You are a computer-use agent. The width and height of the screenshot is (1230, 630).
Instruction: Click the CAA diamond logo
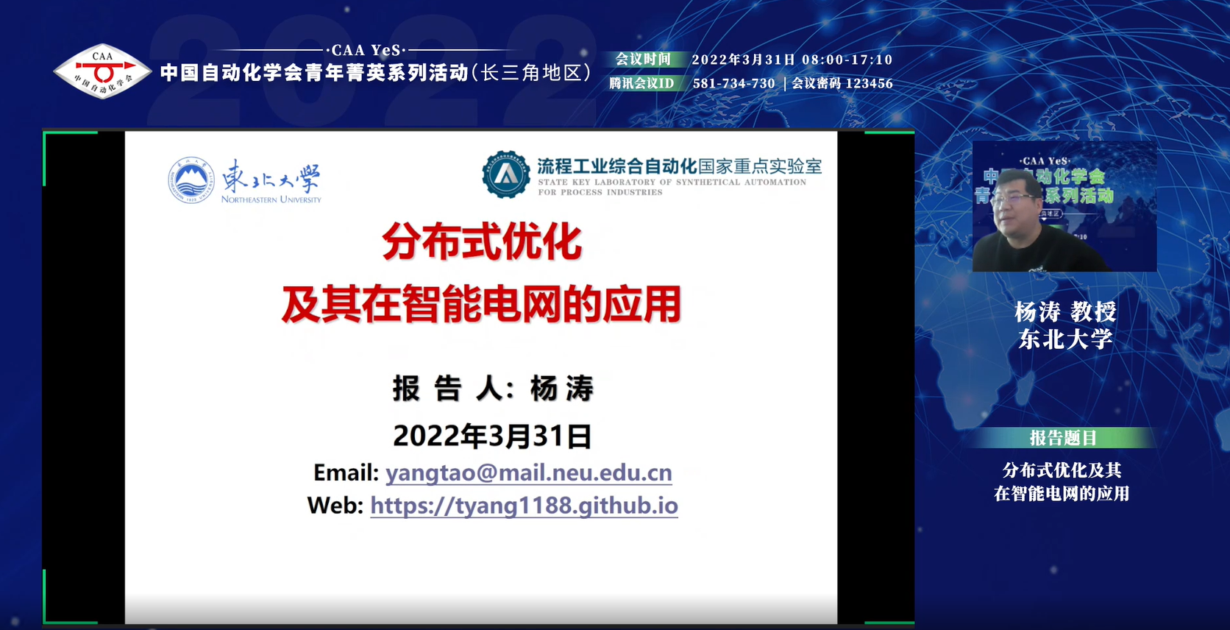click(x=102, y=71)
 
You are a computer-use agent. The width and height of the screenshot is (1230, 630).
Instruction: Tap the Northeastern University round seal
click(x=191, y=180)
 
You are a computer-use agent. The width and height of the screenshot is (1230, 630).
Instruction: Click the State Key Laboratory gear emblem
click(x=505, y=174)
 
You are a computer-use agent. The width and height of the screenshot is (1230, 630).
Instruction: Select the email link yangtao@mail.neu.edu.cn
click(x=528, y=473)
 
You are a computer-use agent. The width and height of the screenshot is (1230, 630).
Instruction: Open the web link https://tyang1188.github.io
click(x=524, y=506)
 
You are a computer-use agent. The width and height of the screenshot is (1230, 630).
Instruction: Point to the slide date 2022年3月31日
click(x=492, y=436)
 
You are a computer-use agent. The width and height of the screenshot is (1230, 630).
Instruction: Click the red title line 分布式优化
click(x=482, y=241)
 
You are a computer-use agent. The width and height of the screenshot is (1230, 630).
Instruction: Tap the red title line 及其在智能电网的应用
click(x=481, y=304)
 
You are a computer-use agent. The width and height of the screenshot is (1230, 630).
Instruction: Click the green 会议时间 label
click(x=643, y=60)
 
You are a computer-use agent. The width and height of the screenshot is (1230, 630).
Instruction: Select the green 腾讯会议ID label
click(x=641, y=83)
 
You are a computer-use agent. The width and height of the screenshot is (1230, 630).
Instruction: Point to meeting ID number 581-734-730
click(x=733, y=83)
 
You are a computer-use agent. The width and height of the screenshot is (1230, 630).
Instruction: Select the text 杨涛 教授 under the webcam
click(x=1065, y=312)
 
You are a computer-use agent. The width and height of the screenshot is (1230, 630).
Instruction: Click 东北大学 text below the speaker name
click(x=1065, y=339)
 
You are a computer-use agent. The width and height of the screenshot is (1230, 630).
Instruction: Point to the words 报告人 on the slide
click(x=447, y=389)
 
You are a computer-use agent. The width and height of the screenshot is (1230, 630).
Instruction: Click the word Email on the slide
click(x=346, y=473)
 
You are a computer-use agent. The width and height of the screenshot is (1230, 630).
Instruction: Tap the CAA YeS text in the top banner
click(x=366, y=51)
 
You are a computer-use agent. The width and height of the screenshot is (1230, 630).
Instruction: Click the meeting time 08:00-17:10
click(x=847, y=60)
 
